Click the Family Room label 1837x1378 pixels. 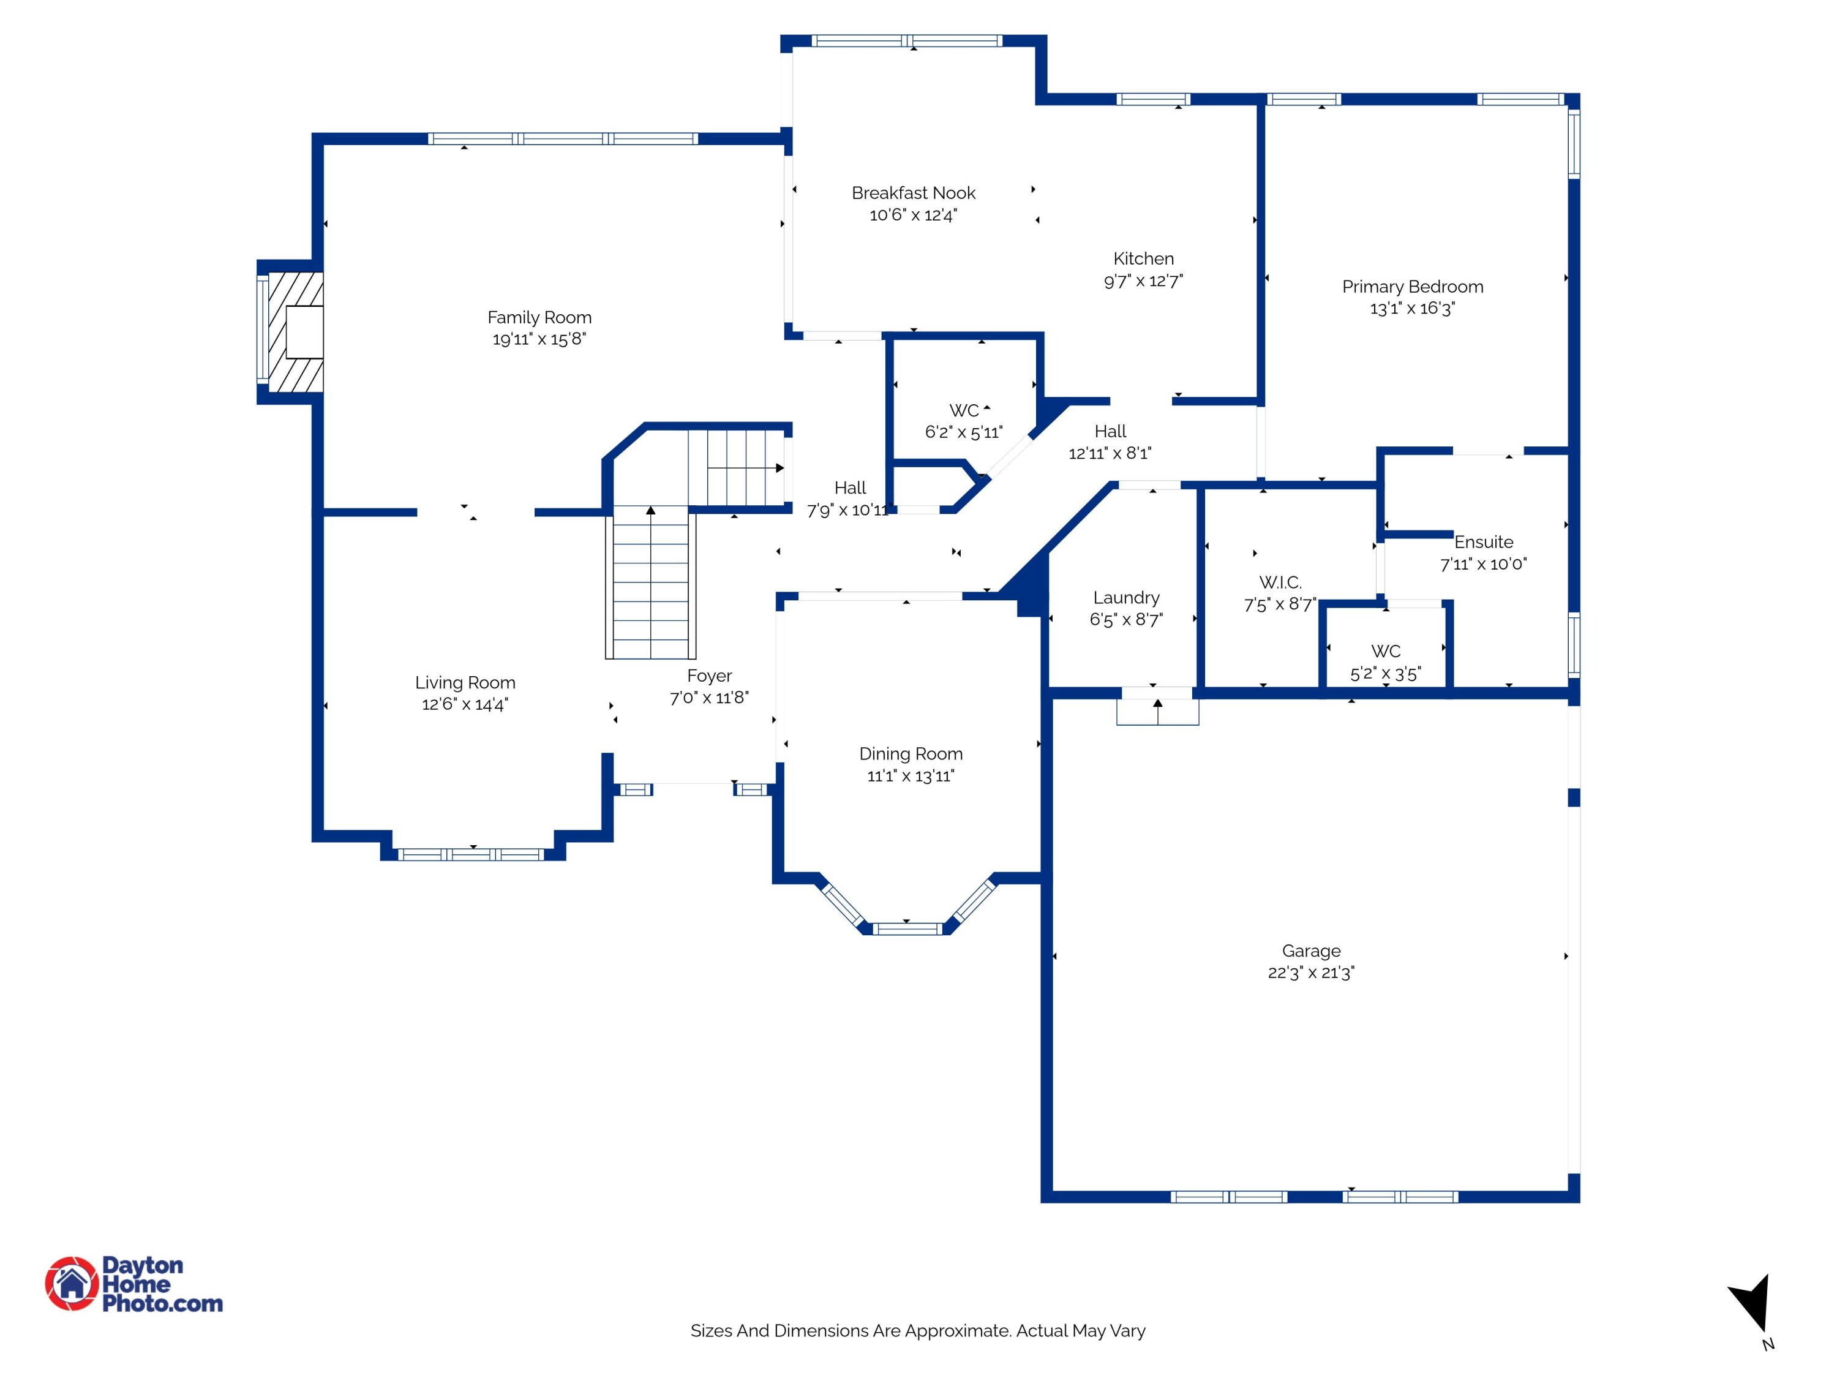pyautogui.click(x=539, y=317)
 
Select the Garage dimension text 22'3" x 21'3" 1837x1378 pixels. pyautogui.click(x=1310, y=973)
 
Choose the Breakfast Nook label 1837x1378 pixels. pyautogui.click(x=913, y=193)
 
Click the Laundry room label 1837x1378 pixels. pyautogui.click(x=1125, y=597)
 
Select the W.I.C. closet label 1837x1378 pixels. pyautogui.click(x=1280, y=582)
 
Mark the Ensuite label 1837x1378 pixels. pyautogui.click(x=1483, y=543)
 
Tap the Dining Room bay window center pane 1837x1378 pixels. pyautogui.click(x=907, y=928)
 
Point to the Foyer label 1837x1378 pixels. pyautogui.click(x=709, y=676)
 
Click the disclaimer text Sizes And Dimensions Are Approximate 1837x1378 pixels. pyautogui.click(x=918, y=1331)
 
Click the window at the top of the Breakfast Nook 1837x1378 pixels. pyautogui.click(x=907, y=40)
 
